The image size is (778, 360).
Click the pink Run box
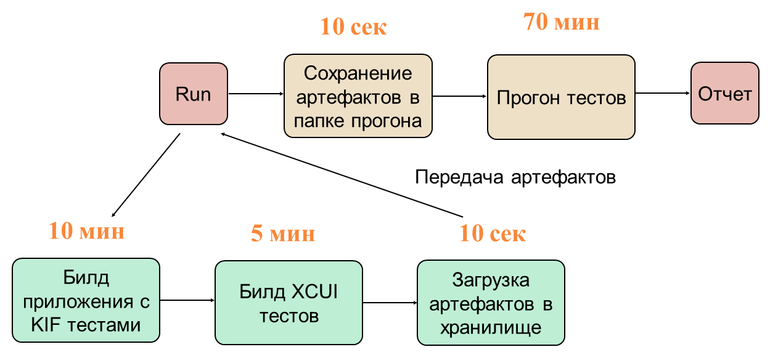(x=194, y=94)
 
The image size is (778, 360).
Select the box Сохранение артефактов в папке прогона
(x=358, y=96)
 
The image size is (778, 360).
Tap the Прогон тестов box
(x=561, y=97)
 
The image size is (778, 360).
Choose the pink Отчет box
(x=724, y=94)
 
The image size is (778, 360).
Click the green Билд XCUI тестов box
(x=289, y=303)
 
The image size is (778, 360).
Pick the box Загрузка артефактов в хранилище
(x=491, y=303)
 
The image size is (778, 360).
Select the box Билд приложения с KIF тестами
(x=86, y=300)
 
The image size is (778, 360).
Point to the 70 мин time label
(x=561, y=23)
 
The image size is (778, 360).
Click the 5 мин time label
(x=283, y=234)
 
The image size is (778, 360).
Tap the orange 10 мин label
(x=87, y=232)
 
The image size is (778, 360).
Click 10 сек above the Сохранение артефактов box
(x=353, y=28)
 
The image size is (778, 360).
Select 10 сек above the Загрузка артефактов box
(x=493, y=234)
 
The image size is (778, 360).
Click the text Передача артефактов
(x=515, y=178)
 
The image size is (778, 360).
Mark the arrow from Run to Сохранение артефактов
(x=256, y=94)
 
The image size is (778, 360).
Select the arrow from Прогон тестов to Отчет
(x=663, y=93)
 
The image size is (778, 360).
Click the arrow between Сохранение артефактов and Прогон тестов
(x=459, y=96)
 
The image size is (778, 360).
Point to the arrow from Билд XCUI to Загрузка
(x=390, y=302)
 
